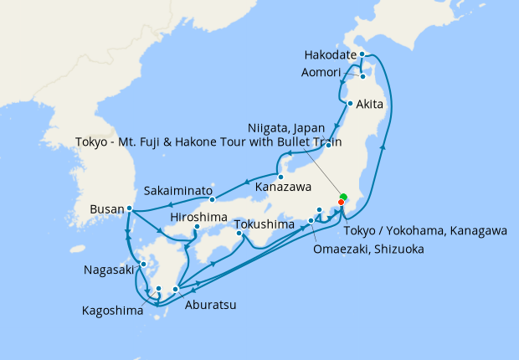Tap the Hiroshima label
click(x=198, y=217)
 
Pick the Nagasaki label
click(x=110, y=270)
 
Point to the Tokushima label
click(x=265, y=225)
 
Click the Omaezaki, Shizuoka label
click(x=367, y=249)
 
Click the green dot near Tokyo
click(x=343, y=197)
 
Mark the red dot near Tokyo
click(x=341, y=203)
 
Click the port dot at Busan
click(x=129, y=208)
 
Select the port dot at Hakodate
click(x=362, y=54)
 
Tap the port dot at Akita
click(x=350, y=105)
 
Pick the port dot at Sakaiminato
click(x=213, y=199)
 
